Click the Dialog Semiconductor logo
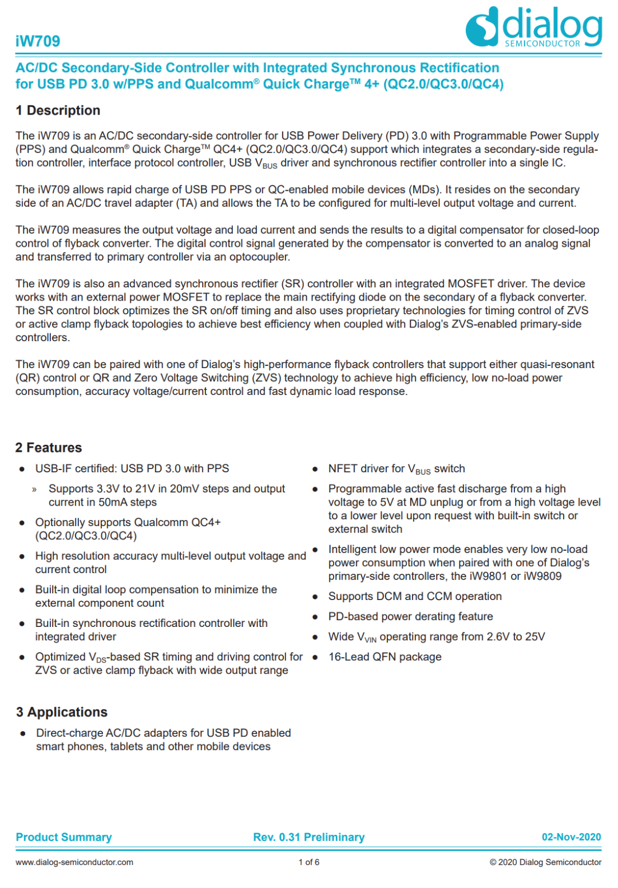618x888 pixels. pyautogui.click(x=533, y=27)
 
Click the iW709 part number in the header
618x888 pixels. pyautogui.click(x=38, y=41)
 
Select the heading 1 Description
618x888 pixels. pyautogui.click(x=58, y=110)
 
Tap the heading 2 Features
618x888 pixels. pyautogui.click(x=49, y=448)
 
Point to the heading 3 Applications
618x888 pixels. pyautogui.click(x=62, y=712)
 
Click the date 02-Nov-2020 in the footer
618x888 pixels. pyautogui.click(x=571, y=837)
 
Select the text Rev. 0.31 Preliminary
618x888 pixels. pyautogui.click(x=308, y=837)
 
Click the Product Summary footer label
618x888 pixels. pyautogui.click(x=64, y=837)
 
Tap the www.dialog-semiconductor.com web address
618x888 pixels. pyautogui.click(x=74, y=862)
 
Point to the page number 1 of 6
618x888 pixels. pyautogui.click(x=309, y=862)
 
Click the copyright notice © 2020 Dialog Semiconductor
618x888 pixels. pyautogui.click(x=545, y=862)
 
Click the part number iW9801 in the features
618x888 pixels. pyautogui.click(x=486, y=577)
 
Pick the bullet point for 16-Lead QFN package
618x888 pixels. pyautogui.click(x=315, y=657)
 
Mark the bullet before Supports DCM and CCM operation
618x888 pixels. pyautogui.click(x=315, y=597)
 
